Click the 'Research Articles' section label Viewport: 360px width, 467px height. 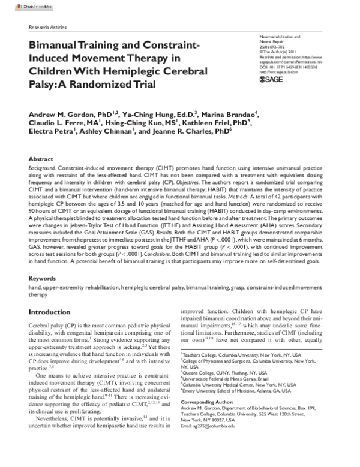click(47, 29)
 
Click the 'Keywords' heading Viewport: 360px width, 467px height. click(42, 279)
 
